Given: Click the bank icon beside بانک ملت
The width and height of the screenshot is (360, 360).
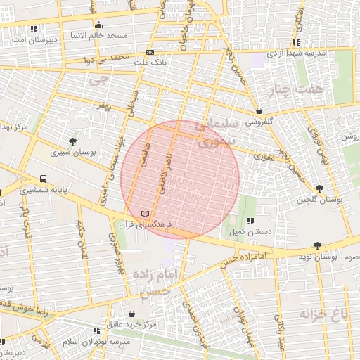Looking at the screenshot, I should (x=150, y=53).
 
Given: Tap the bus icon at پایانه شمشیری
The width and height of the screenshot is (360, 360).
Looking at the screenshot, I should (x=44, y=179).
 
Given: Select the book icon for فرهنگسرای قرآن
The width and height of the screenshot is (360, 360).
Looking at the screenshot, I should (x=145, y=212).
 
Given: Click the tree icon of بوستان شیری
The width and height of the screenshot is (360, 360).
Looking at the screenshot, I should (x=72, y=141).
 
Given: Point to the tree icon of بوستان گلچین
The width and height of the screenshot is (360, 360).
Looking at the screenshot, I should (x=319, y=188).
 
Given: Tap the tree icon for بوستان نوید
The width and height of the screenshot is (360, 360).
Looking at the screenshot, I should (x=317, y=246).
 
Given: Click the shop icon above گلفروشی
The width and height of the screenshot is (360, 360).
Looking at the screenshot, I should (x=259, y=110).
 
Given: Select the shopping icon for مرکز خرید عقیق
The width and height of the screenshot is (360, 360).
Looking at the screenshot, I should (x=132, y=313).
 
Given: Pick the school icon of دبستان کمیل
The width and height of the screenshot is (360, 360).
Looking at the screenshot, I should (x=250, y=221).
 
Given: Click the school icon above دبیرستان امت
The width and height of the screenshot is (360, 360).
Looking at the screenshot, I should (x=34, y=30).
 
